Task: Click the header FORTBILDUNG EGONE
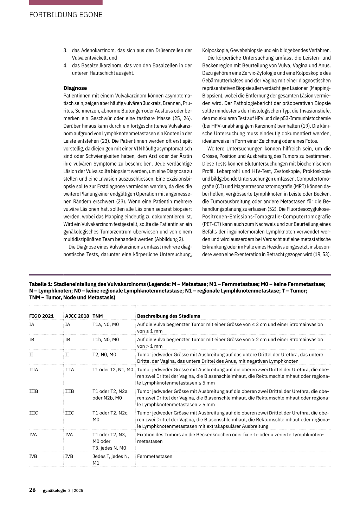tap(66, 15)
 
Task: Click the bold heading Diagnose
tap(75, 88)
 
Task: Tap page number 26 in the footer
tap(32, 490)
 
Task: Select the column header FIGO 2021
tap(41, 316)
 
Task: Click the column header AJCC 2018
tap(77, 316)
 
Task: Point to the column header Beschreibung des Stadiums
tap(168, 316)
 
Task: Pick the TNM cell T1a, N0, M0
tap(105, 324)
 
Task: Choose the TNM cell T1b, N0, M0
tap(105, 340)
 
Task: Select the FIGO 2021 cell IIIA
tap(33, 370)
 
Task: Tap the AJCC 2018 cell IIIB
tap(69, 391)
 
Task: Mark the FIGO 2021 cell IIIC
tap(33, 413)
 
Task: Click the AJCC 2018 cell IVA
tap(69, 435)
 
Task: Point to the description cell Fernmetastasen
tap(154, 457)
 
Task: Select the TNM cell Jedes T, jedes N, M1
tap(110, 459)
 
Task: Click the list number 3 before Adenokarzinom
tap(65, 51)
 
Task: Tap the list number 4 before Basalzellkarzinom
tap(65, 66)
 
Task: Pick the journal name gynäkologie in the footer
tap(54, 491)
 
